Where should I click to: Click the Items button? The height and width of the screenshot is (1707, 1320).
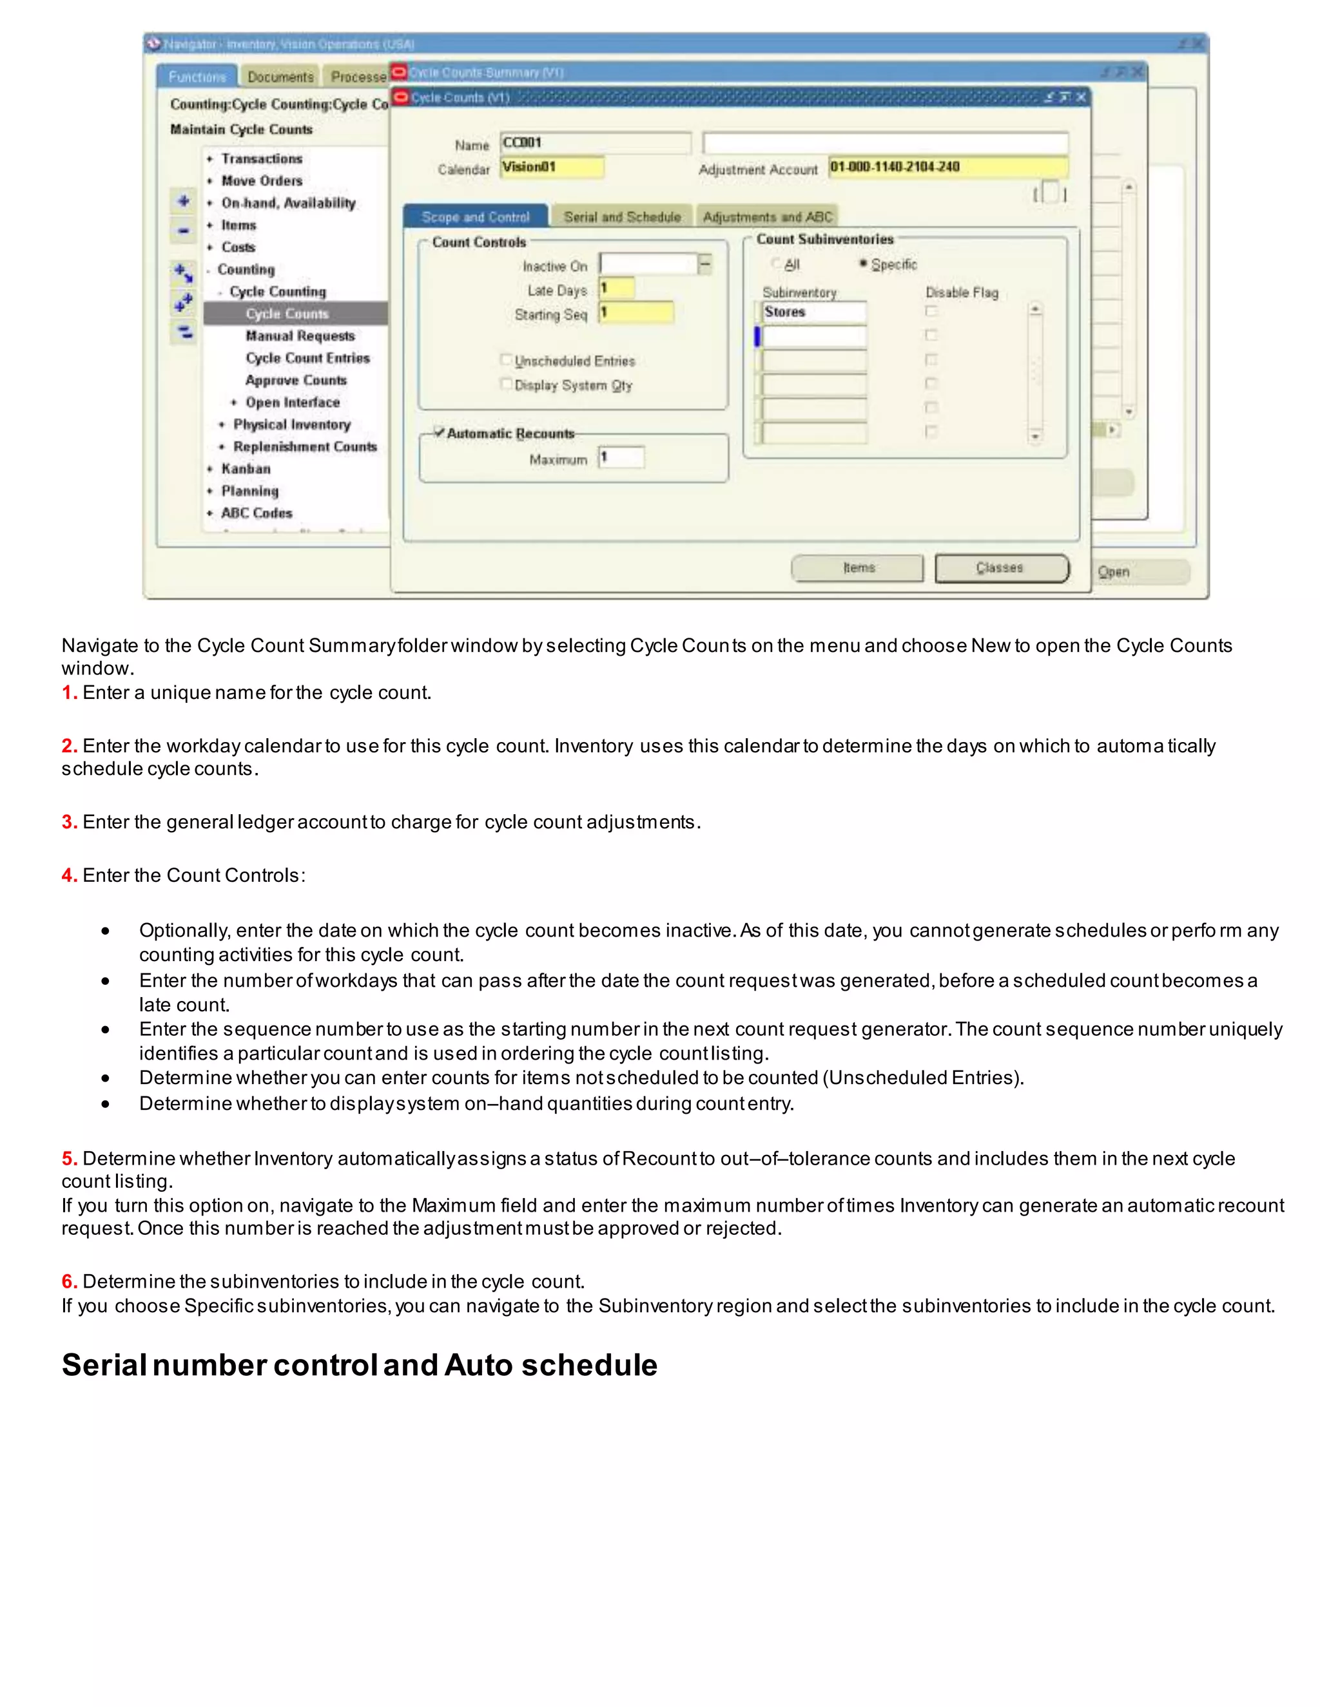pyautogui.click(x=857, y=568)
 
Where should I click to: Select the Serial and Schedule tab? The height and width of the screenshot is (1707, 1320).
pyautogui.click(x=622, y=216)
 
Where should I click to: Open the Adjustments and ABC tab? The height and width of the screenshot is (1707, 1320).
pyautogui.click(x=767, y=216)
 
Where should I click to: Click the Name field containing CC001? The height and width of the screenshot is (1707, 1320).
pyautogui.click(x=594, y=143)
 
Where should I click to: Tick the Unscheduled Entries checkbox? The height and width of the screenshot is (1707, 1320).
pyautogui.click(x=506, y=360)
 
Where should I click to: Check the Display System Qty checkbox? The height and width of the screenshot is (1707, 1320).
pyautogui.click(x=506, y=385)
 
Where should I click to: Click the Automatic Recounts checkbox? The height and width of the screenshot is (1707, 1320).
pyautogui.click(x=440, y=433)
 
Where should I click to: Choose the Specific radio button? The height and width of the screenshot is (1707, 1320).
pyautogui.click(x=863, y=264)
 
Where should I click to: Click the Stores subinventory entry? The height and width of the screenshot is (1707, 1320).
pyautogui.click(x=813, y=312)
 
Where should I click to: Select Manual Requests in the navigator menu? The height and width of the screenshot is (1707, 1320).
pyautogui.click(x=300, y=336)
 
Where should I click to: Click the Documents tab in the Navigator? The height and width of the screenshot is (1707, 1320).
pyautogui.click(x=280, y=77)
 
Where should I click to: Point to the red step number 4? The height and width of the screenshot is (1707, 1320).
pyautogui.click(x=69, y=875)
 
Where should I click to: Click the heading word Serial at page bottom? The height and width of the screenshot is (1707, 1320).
pyautogui.click(x=103, y=1366)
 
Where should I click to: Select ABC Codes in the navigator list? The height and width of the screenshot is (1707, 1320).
pyautogui.click(x=256, y=513)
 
